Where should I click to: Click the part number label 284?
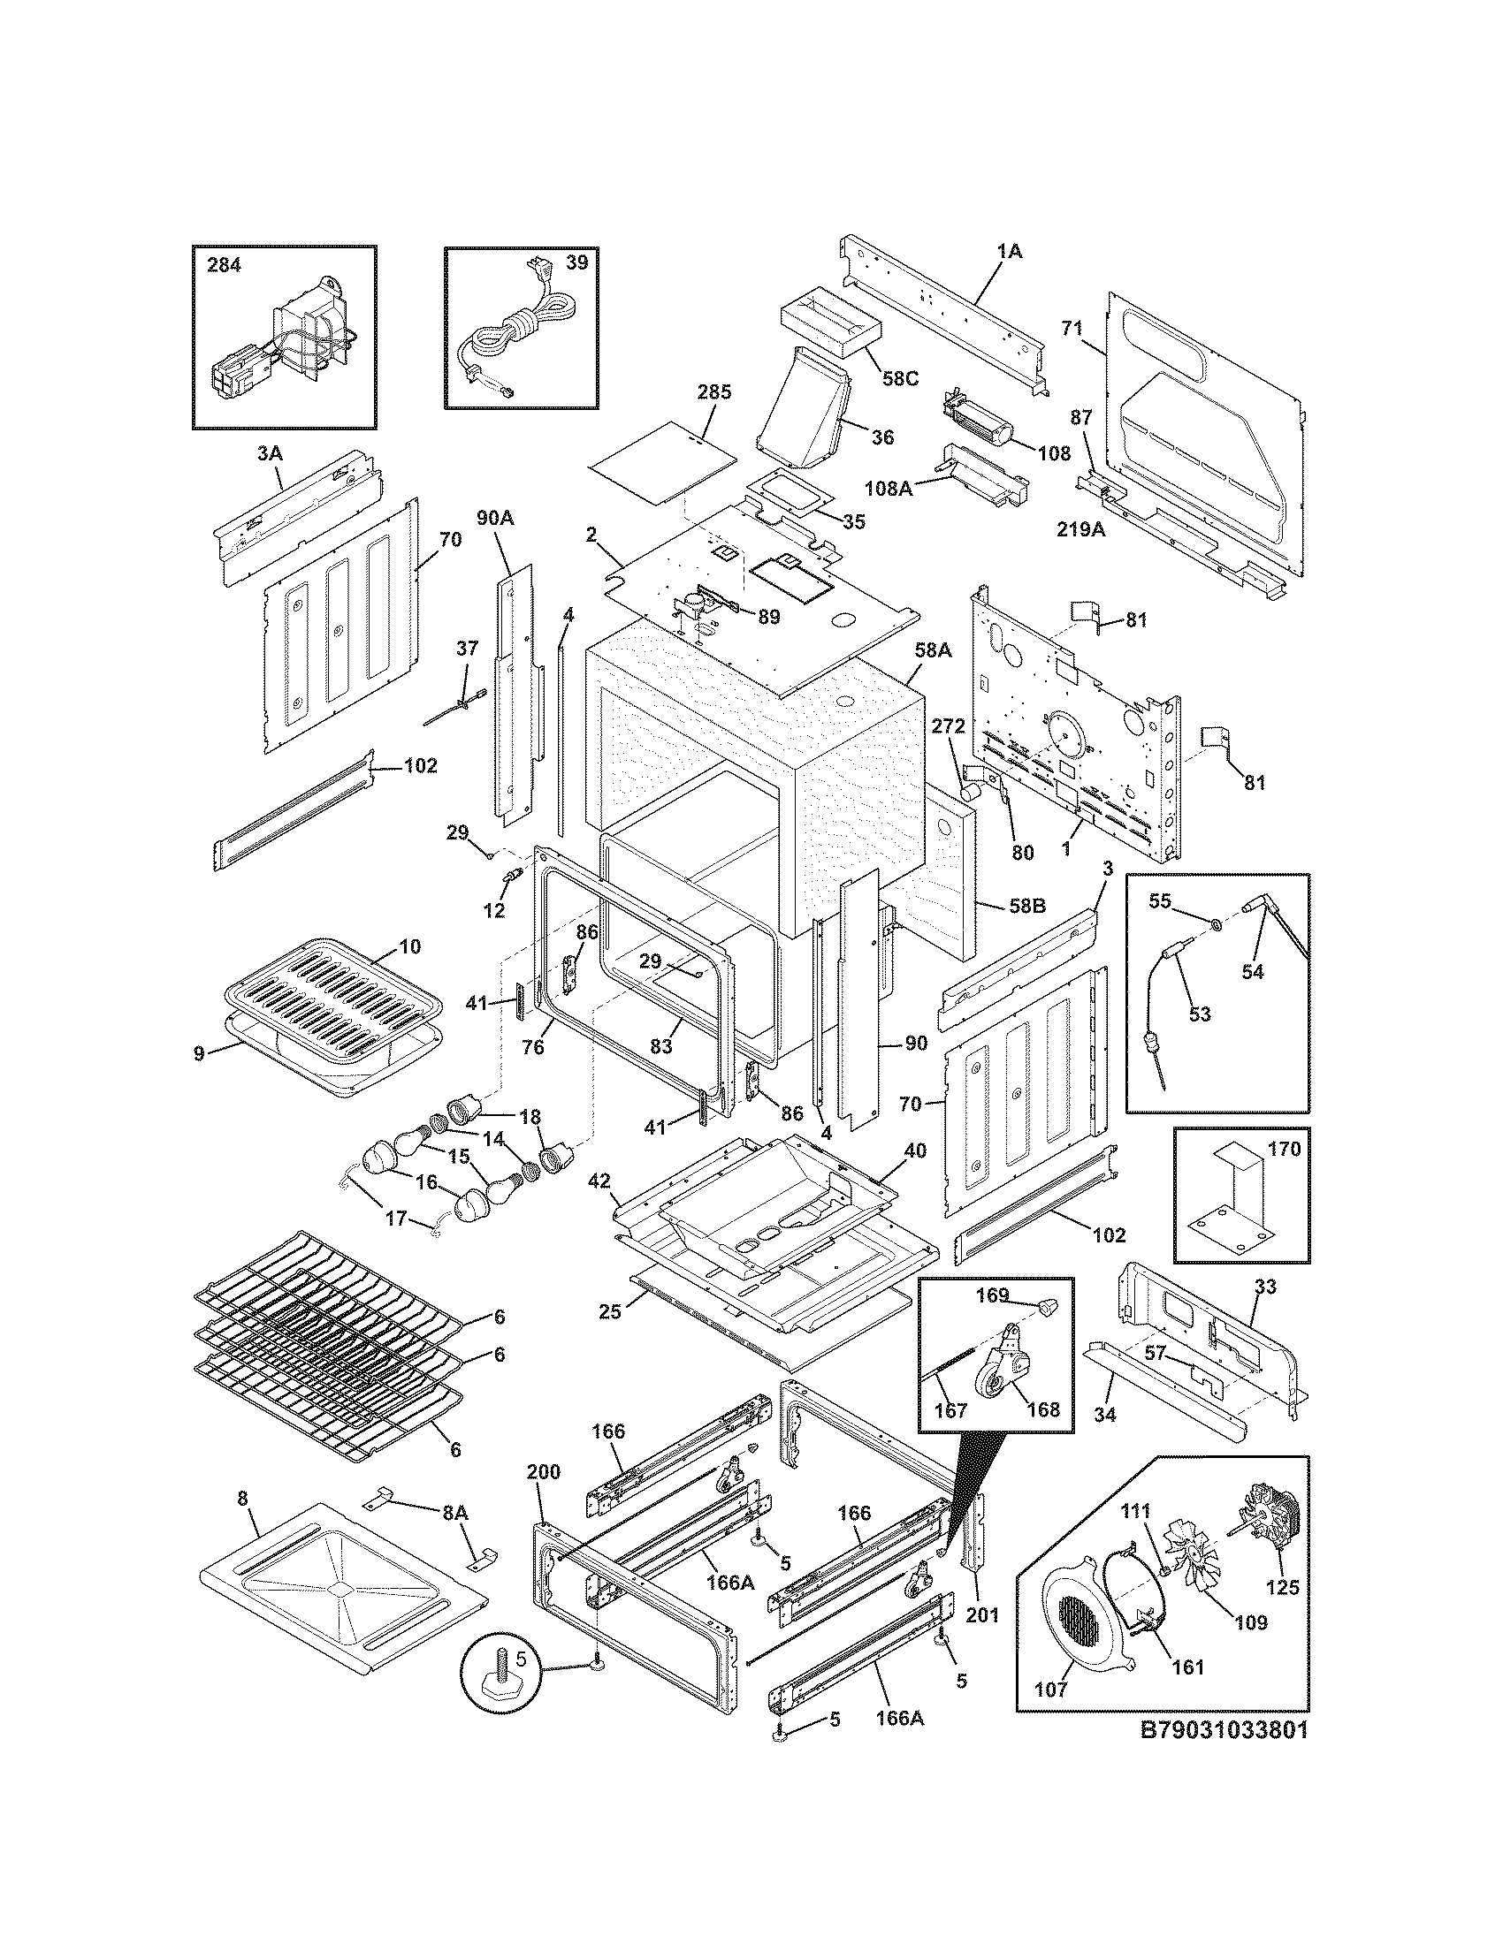(224, 264)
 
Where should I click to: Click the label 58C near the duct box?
(899, 377)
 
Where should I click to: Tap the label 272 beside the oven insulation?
(949, 726)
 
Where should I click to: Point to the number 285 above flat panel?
(713, 391)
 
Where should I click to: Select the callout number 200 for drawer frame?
(543, 1471)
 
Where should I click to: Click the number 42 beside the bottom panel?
(599, 1181)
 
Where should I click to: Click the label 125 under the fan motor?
(1282, 1587)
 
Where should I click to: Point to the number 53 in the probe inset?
(1200, 1014)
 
